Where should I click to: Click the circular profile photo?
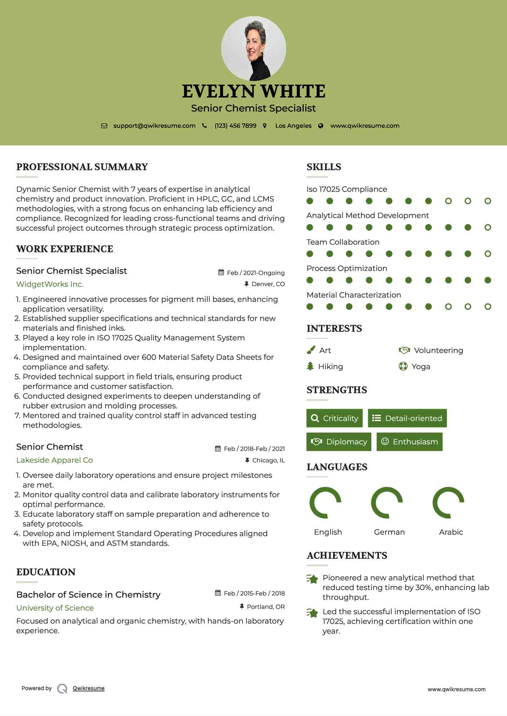[x=253, y=48]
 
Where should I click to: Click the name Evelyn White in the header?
[x=253, y=91]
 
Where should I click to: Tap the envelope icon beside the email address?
[x=104, y=126]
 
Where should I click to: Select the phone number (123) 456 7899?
[x=235, y=126]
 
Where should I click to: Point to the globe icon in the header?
[x=321, y=126]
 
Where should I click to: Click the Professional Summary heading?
[x=82, y=167]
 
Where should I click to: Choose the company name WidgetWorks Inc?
[x=50, y=284]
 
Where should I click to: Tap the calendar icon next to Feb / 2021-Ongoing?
[x=221, y=272]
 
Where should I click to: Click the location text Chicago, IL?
[x=268, y=460]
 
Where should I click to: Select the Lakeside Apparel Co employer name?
[x=54, y=460]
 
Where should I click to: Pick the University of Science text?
[x=55, y=608]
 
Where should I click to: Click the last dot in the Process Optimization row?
[x=488, y=280]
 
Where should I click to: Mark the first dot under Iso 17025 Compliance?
[x=310, y=201]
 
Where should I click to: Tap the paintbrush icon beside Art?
[x=311, y=350]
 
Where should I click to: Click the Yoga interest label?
[x=421, y=367]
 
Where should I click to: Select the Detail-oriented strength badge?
[x=407, y=418]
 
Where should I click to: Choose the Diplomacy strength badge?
[x=339, y=442]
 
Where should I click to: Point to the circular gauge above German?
[x=387, y=503]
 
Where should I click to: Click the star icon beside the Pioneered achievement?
[x=312, y=579]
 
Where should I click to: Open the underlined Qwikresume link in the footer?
[x=89, y=688]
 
